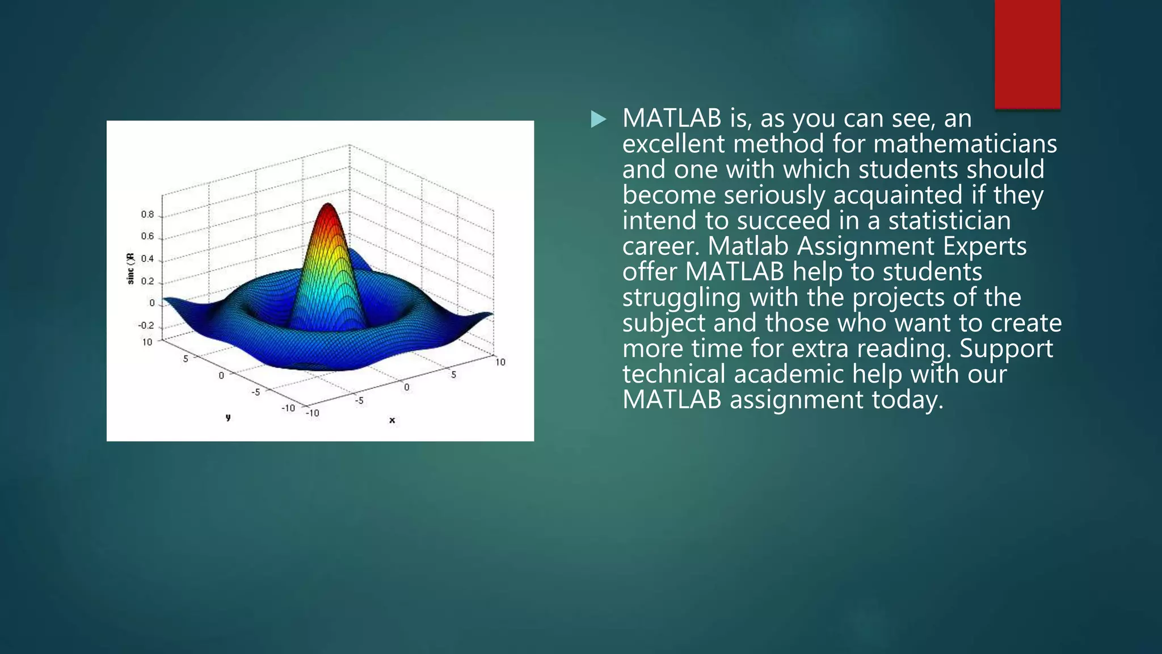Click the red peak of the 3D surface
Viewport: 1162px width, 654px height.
tap(328, 212)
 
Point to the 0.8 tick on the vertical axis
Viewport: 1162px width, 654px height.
tap(148, 215)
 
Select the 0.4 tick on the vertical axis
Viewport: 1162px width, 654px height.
tap(148, 259)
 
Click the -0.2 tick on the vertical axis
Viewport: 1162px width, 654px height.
tap(146, 325)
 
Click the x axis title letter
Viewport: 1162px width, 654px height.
tap(392, 420)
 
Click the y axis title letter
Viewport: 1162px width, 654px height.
tap(228, 417)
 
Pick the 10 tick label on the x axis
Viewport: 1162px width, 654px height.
tap(500, 362)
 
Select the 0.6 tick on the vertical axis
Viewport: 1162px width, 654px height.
tap(148, 236)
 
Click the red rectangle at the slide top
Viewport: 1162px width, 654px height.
tap(1027, 54)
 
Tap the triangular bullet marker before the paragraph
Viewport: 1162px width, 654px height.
tap(598, 119)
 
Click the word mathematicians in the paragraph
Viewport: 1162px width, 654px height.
tap(965, 144)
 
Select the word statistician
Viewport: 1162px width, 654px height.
tap(949, 221)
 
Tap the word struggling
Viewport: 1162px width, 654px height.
tap(681, 298)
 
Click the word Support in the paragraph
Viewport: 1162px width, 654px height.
tap(1006, 349)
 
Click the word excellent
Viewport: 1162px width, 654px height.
tap(673, 144)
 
